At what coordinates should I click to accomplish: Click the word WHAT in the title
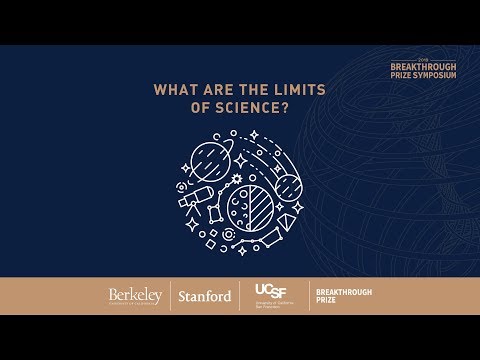click(174, 89)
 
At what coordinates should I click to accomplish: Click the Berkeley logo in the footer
click(135, 296)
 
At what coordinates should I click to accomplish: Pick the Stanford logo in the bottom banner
click(204, 296)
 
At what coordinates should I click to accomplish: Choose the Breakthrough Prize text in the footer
click(335, 296)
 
